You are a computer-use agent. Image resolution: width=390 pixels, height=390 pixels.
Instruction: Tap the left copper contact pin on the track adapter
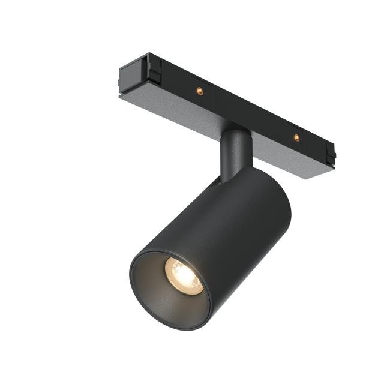tap(199, 91)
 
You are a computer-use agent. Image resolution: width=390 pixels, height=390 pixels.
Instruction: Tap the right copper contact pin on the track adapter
tap(296, 137)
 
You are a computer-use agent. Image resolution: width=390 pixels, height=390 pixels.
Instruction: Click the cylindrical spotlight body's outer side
tap(240, 228)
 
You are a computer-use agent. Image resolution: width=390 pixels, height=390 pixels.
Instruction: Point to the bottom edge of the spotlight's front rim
tap(174, 327)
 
